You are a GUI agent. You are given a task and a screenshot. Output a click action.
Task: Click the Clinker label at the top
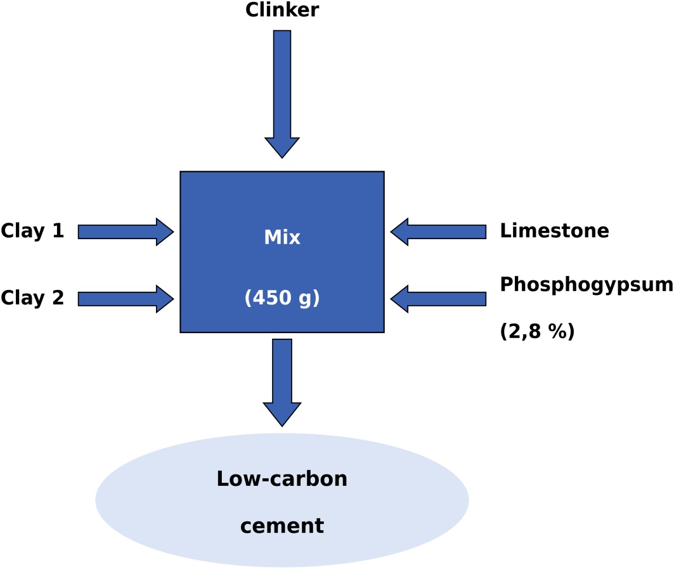(282, 10)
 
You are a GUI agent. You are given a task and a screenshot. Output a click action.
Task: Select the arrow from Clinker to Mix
(282, 94)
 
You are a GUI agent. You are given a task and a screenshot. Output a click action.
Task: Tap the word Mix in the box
(282, 237)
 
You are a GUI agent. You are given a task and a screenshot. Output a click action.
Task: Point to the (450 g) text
(282, 298)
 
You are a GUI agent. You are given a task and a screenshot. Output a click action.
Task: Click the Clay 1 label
(32, 231)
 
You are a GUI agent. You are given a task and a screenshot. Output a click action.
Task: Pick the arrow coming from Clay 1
(126, 232)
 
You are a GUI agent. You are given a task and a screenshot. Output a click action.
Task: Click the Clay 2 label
(32, 298)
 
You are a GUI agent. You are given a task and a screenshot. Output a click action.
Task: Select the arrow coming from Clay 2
(126, 299)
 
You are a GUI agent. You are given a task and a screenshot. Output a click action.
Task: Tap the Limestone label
(555, 230)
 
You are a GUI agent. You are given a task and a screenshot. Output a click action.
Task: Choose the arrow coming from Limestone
(438, 232)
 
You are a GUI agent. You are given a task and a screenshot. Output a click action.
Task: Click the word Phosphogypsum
(587, 285)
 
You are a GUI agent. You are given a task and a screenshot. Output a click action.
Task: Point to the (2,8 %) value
(537, 331)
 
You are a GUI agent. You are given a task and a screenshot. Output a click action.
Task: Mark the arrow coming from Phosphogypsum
(438, 299)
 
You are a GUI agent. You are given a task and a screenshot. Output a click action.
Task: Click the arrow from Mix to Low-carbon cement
(282, 383)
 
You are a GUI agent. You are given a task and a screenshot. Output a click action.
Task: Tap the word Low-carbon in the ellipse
(282, 479)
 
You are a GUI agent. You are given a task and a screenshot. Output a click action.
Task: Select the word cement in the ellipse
(282, 526)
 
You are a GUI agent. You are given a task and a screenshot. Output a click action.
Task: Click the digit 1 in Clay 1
(58, 230)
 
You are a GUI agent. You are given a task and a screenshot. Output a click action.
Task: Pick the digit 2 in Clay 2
(58, 298)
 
